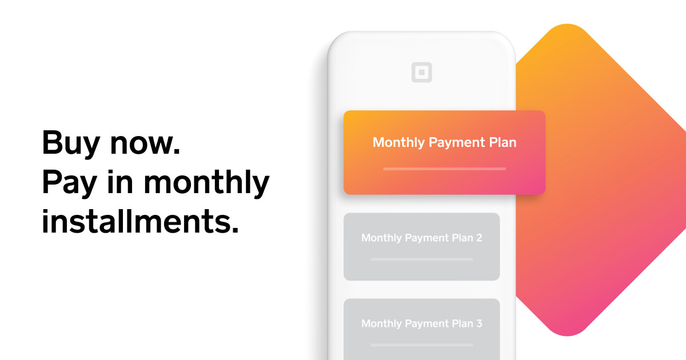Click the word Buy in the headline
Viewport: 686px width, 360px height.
tap(69, 143)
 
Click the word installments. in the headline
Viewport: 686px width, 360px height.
tap(140, 222)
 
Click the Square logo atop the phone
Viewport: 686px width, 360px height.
tap(422, 73)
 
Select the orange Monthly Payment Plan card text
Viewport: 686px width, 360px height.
tap(444, 142)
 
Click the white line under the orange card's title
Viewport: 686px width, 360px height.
tap(444, 169)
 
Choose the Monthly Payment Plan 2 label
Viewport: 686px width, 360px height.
tap(421, 238)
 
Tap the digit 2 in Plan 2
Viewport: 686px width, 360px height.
tap(479, 238)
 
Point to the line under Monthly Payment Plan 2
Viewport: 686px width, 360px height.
tap(421, 259)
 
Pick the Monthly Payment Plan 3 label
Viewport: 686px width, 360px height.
tap(421, 323)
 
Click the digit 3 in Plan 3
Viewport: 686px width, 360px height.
tap(479, 323)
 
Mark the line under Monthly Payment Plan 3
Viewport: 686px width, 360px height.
tap(421, 345)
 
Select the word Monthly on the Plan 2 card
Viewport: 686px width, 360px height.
tap(381, 238)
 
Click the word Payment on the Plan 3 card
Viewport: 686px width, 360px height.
tap(428, 324)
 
